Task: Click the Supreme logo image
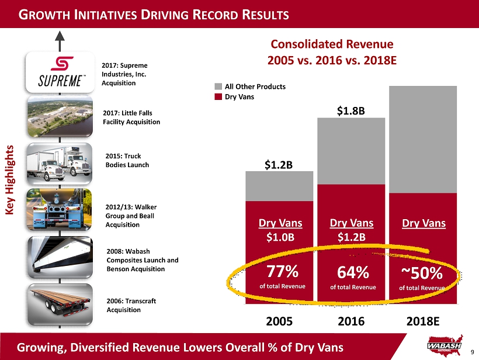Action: (60, 72)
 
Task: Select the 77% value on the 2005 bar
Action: (283, 272)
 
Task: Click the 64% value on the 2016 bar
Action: (353, 273)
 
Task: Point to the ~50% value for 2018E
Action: (422, 274)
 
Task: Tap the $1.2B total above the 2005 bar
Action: (279, 165)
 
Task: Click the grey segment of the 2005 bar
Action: (279, 187)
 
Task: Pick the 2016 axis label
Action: (351, 321)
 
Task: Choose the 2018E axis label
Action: (422, 321)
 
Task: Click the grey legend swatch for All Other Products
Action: (217, 86)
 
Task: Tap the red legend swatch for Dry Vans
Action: (217, 97)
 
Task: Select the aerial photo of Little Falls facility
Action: (60, 117)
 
